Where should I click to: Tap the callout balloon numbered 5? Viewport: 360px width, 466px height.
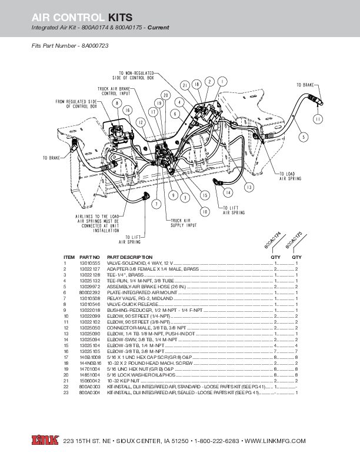(x=304, y=137)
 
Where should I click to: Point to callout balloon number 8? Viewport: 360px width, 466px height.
(x=117, y=104)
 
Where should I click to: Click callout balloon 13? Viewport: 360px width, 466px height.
(x=249, y=187)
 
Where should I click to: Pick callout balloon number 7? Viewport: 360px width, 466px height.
(x=156, y=204)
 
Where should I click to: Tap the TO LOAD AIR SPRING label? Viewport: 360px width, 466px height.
(x=290, y=175)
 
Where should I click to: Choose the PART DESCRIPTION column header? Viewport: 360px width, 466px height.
(x=129, y=257)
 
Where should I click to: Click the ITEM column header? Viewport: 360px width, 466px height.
(x=69, y=257)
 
